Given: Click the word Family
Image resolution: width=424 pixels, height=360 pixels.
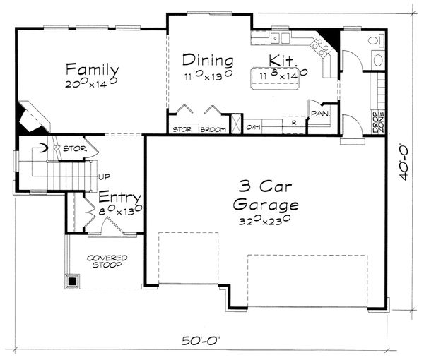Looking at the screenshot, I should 92,69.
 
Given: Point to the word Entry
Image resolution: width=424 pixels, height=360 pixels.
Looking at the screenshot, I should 119,197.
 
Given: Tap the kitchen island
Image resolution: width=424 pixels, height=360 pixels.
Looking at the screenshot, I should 281,76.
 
